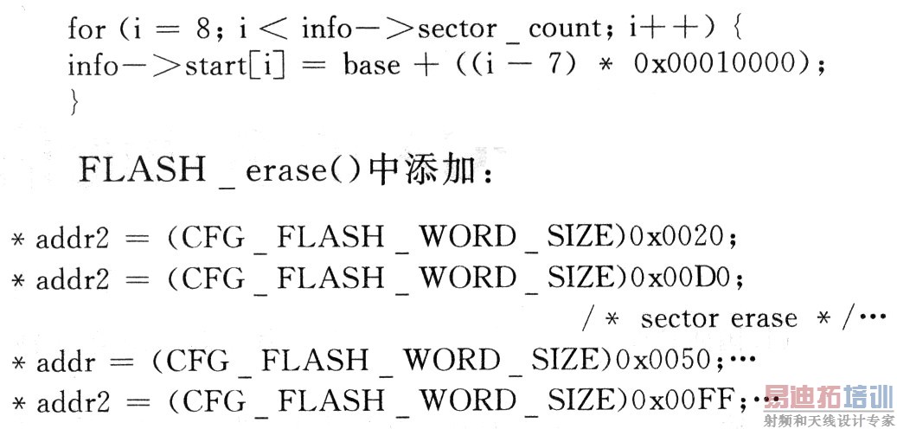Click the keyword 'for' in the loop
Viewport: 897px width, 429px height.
click(86, 29)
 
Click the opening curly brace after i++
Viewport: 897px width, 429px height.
click(737, 29)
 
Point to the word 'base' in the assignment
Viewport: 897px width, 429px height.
click(372, 65)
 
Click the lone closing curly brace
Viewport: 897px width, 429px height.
click(74, 103)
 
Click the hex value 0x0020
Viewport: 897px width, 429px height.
click(676, 238)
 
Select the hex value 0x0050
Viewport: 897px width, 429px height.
click(661, 361)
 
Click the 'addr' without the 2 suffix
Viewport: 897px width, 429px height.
click(65, 361)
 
